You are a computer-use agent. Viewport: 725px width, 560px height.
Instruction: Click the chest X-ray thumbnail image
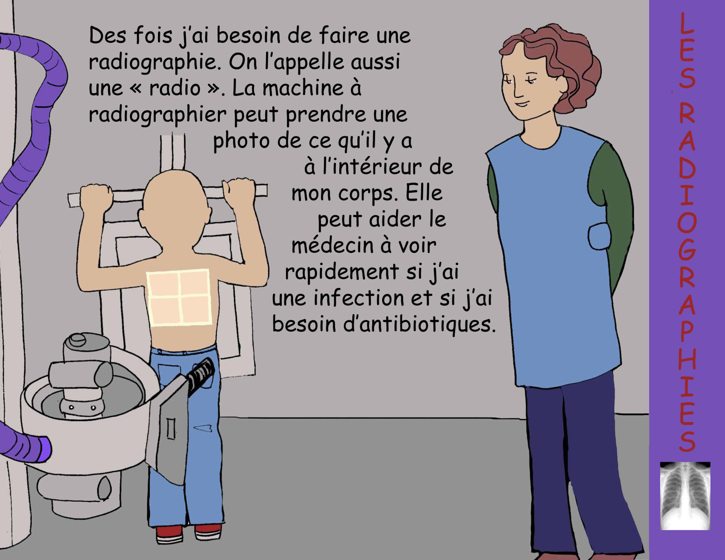[685, 496]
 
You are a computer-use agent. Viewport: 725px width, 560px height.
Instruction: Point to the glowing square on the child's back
[179, 297]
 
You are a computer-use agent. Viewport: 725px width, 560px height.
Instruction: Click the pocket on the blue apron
[599, 237]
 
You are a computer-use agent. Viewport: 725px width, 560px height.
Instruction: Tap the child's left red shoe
[170, 533]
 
